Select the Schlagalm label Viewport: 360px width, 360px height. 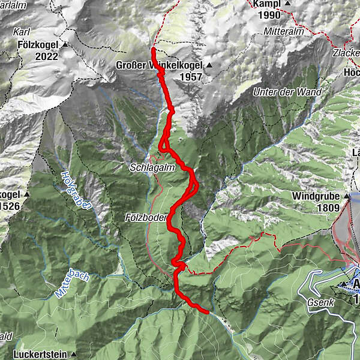tap(152, 169)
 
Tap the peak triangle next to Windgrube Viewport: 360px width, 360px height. tap(347, 196)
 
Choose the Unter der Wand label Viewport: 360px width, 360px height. tap(287, 92)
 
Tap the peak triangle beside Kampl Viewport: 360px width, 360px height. tap(288, 4)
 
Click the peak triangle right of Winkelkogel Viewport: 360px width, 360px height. tap(209, 65)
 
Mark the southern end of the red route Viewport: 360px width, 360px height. tap(207, 312)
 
